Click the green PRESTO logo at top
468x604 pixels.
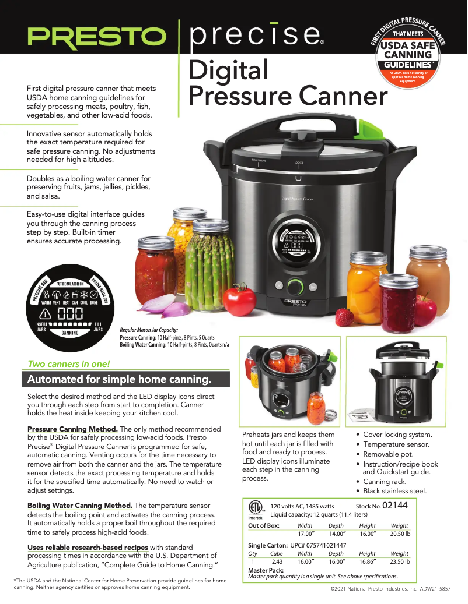(96, 38)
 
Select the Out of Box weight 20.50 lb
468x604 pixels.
(400, 534)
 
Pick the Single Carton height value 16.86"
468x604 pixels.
(367, 562)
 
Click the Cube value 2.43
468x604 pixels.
(277, 562)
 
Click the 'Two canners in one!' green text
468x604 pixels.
(69, 364)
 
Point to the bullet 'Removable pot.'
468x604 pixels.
(388, 454)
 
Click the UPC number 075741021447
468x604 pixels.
(319, 545)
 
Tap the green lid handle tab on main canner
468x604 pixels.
(368, 126)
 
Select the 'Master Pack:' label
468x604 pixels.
(266, 570)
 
